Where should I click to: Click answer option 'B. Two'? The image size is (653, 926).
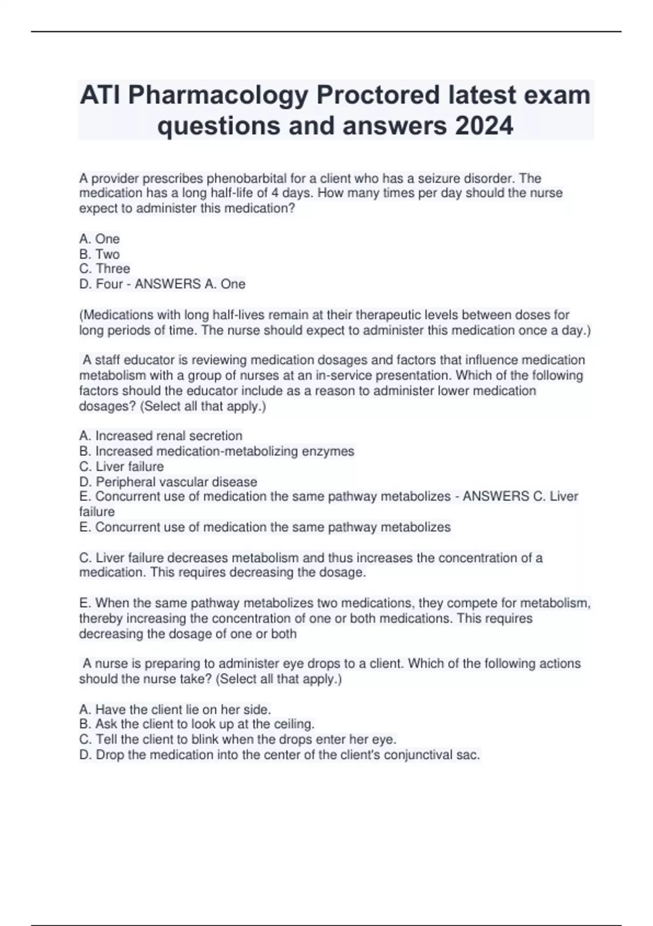(99, 254)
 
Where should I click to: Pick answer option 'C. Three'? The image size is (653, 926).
(104, 269)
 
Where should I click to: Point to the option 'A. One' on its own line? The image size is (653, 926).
(99, 239)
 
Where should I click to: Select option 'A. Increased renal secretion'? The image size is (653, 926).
(161, 436)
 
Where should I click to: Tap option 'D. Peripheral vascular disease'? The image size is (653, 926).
(168, 482)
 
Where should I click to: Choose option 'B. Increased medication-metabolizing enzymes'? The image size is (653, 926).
(217, 451)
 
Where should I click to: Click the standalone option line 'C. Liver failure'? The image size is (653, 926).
(121, 466)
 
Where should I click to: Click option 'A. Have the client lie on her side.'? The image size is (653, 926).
(175, 709)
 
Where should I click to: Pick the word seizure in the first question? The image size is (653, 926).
(439, 178)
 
